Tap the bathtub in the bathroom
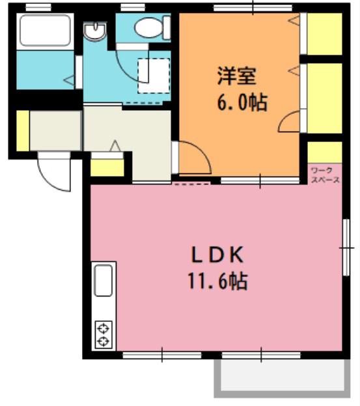tap(46, 30)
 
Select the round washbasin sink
tap(95, 31)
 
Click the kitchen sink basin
tap(104, 281)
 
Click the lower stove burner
tap(104, 341)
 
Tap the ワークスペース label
tap(325, 175)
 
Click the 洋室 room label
tap(237, 76)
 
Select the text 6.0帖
tap(242, 102)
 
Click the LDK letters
tap(217, 255)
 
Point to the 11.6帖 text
tap(217, 281)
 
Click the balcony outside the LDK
tap(282, 378)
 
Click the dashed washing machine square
tap(154, 76)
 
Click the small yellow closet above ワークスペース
tap(325, 152)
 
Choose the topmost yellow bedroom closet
tap(325, 34)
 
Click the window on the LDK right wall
tap(346, 248)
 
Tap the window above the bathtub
tap(38, 8)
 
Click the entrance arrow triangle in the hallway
tap(115, 145)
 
